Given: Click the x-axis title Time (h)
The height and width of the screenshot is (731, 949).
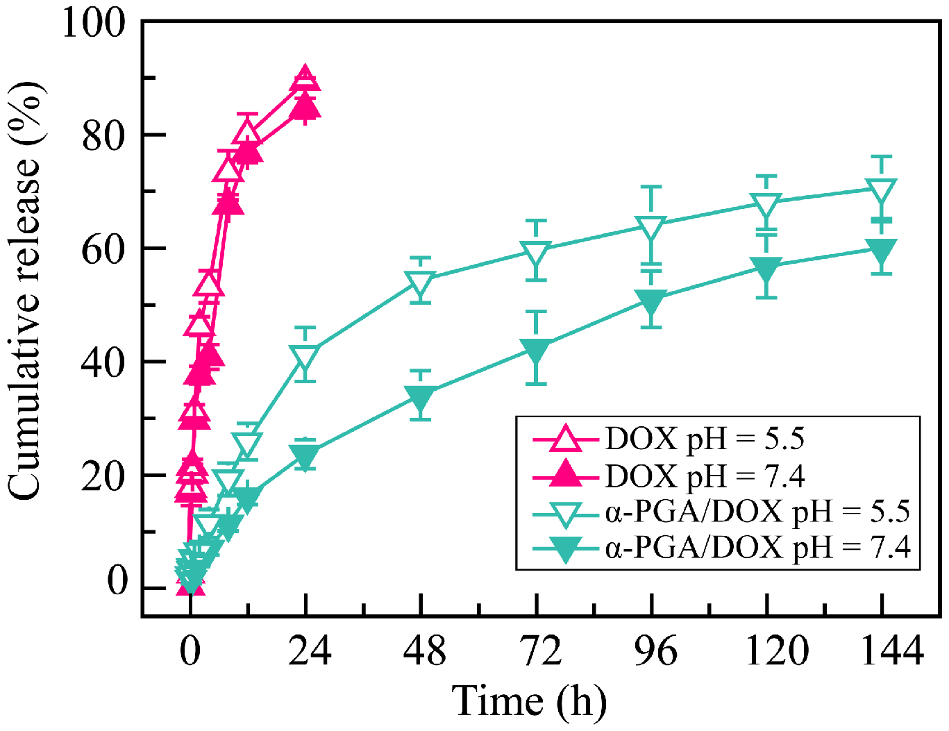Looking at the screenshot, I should tap(529, 701).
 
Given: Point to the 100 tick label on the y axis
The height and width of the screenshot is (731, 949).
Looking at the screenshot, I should tap(94, 22).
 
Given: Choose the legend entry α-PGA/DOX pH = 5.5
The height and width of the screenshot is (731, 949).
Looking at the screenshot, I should tap(757, 512).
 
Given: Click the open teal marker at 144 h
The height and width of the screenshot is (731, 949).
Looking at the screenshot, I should tap(882, 189).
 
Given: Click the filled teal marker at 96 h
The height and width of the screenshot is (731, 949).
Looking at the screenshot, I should tap(651, 300).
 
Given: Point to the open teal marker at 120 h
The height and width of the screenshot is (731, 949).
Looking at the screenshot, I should tap(766, 203).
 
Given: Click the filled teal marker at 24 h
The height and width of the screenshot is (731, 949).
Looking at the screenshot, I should tap(305, 455).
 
